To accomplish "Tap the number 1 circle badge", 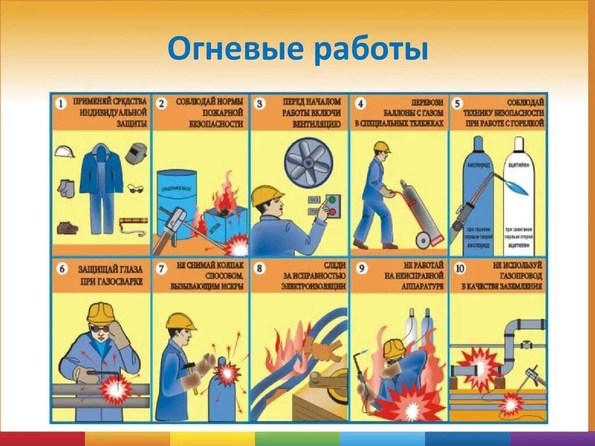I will click(62, 104).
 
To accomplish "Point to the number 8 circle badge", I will click(260, 269).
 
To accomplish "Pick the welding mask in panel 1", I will click(136, 152).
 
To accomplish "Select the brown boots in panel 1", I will click(67, 227).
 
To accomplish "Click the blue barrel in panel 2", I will click(176, 203).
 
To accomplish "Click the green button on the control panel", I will click(332, 201).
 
